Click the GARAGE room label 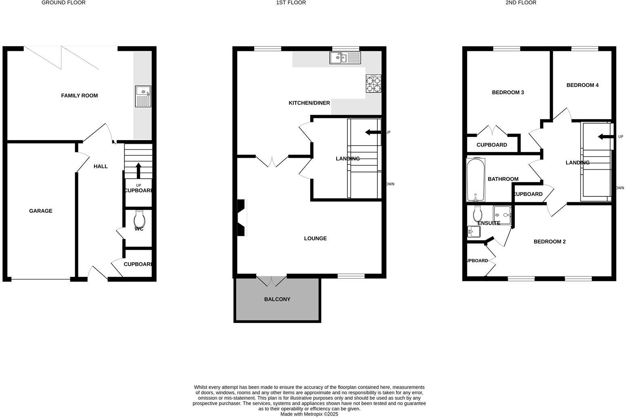40,211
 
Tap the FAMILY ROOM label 79,96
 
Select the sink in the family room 143,96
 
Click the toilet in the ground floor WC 139,220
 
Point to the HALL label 101,166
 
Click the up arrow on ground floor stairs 138,170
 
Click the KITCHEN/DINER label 309,103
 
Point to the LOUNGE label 315,238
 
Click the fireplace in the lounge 242,218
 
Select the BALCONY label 277,299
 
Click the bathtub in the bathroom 476,180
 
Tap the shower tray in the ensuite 502,215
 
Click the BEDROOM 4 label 582,85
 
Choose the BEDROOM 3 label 507,93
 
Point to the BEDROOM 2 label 549,242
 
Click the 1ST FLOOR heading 291,3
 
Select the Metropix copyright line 309,414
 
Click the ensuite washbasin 473,232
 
